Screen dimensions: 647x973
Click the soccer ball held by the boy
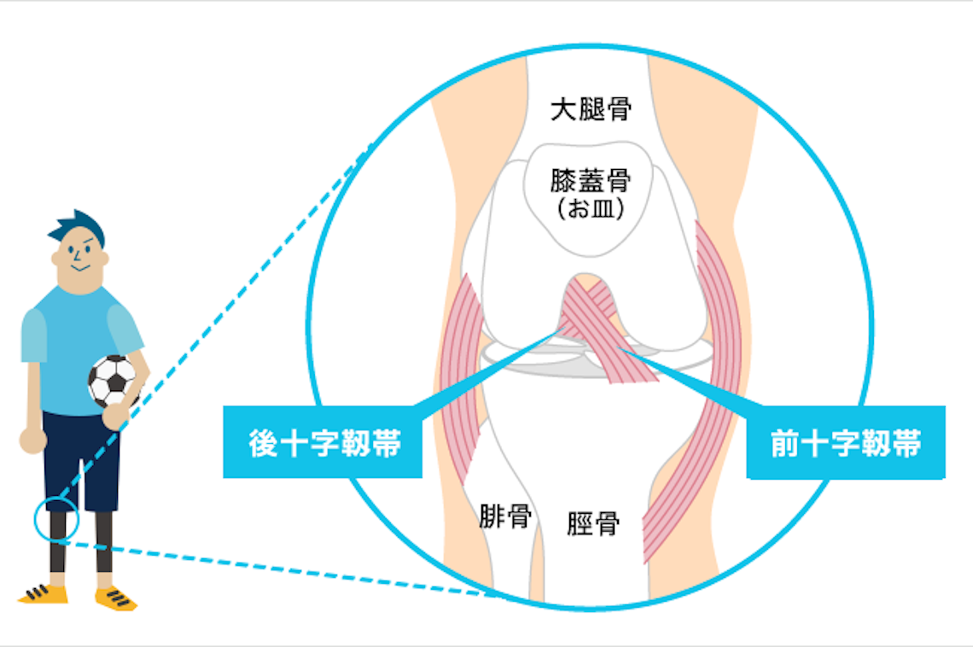coord(113,380)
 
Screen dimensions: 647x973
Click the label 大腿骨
coord(591,109)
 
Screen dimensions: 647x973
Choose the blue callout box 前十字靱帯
coord(845,442)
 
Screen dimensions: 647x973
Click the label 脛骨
coord(593,522)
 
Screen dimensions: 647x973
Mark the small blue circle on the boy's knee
coord(56,518)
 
